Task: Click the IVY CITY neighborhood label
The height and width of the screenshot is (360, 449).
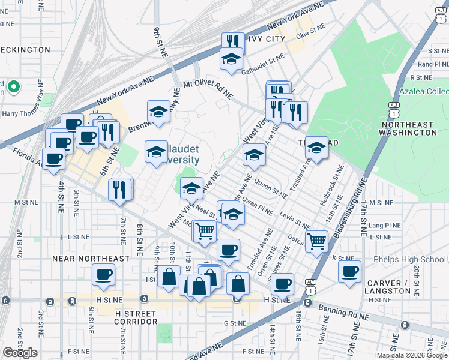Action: [262, 39]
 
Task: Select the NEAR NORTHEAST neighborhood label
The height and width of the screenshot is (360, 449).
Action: [82, 259]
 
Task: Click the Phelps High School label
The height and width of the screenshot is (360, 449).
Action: [409, 259]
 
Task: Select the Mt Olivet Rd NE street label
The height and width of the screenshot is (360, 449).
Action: [208, 90]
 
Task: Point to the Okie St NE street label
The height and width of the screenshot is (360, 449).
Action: [311, 27]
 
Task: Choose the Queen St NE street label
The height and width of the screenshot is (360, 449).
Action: [270, 185]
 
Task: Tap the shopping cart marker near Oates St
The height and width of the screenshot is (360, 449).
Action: [316, 241]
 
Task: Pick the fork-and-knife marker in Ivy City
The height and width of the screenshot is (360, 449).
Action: [232, 41]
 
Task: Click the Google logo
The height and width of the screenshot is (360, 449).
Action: [20, 353]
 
